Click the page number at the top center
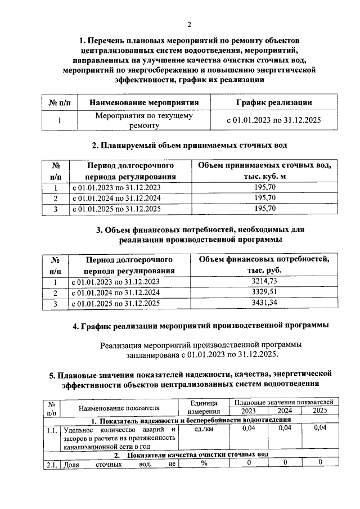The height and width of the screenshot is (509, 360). click(x=190, y=24)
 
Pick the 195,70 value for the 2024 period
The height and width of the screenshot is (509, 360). click(x=264, y=199)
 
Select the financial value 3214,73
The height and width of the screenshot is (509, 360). click(x=264, y=282)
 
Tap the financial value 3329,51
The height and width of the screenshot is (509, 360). click(x=264, y=292)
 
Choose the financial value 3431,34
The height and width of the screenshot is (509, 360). click(x=264, y=303)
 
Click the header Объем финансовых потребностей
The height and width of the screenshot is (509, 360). click(x=264, y=265)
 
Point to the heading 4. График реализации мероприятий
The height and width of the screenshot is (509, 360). click(x=201, y=326)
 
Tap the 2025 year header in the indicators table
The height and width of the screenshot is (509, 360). click(x=319, y=411)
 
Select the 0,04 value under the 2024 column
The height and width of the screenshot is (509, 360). click(x=285, y=429)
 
